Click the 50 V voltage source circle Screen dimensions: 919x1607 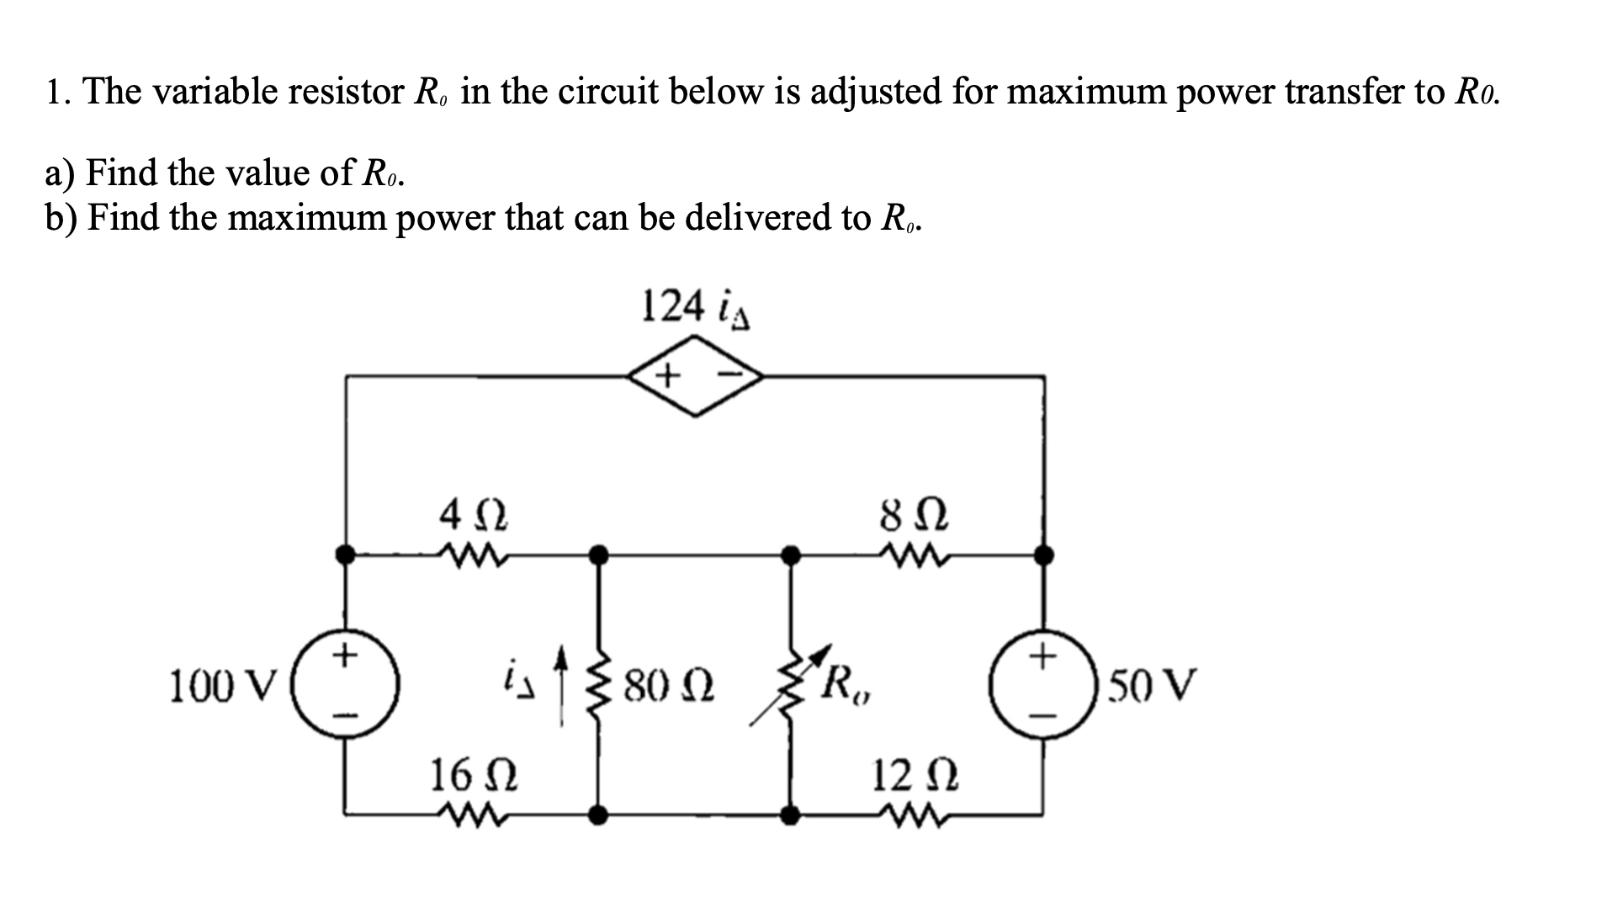tap(1044, 688)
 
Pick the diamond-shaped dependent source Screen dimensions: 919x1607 tap(694, 375)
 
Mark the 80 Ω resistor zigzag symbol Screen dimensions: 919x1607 tap(599, 686)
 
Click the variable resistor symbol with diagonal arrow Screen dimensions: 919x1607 tap(789, 686)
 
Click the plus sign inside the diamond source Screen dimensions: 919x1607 tap(667, 375)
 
